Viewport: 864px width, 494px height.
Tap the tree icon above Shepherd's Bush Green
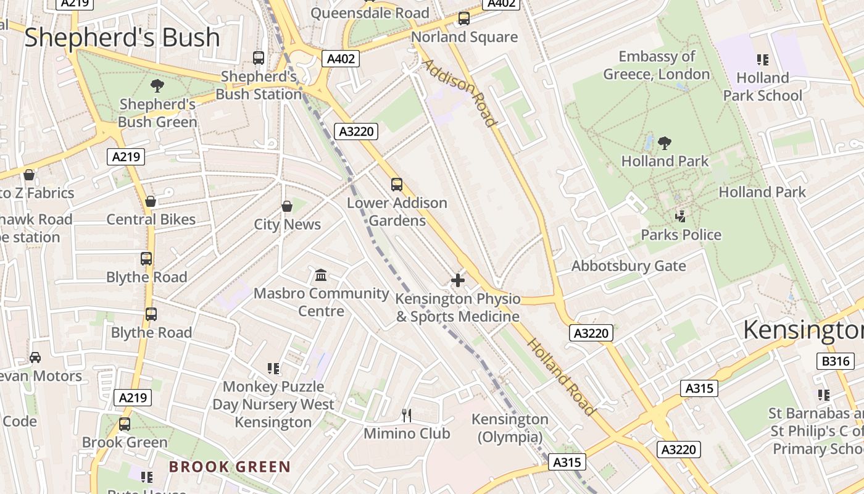point(157,85)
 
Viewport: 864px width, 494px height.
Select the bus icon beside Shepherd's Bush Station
point(259,58)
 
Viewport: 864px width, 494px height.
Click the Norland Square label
point(464,37)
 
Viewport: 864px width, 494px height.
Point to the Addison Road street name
point(460,93)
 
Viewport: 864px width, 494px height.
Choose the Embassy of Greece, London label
point(657,65)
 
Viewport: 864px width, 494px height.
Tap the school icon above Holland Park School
point(763,60)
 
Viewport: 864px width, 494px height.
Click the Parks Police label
point(681,235)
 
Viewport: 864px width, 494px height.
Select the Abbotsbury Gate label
point(628,266)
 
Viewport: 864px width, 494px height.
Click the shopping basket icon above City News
point(287,206)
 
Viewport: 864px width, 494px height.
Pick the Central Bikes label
point(151,219)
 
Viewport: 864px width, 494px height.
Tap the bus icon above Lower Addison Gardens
point(397,185)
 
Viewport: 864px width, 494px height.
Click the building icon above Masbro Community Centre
point(321,275)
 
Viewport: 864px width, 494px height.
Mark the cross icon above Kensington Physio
point(457,281)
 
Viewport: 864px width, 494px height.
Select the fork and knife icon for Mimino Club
point(406,415)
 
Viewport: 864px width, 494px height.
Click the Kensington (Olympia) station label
point(510,428)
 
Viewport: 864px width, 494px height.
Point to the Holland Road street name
point(562,377)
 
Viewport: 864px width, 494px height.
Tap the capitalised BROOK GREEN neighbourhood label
point(230,466)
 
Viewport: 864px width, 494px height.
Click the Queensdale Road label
point(370,13)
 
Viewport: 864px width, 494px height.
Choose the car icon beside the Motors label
point(35,358)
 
